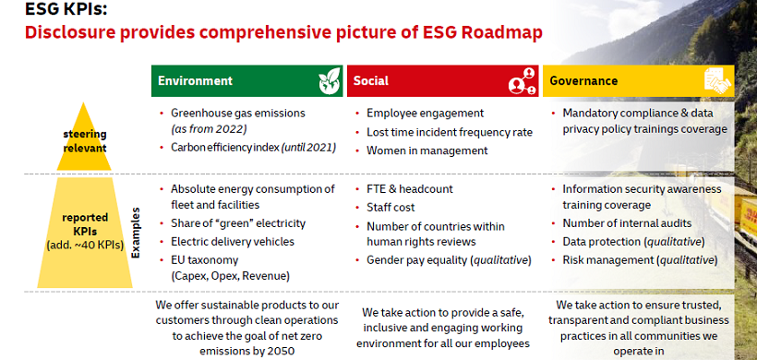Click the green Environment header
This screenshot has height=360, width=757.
click(246, 81)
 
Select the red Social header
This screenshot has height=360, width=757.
click(442, 81)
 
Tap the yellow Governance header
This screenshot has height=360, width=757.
click(637, 81)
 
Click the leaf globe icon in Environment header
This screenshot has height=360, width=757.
click(328, 82)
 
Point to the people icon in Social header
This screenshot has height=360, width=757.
click(522, 81)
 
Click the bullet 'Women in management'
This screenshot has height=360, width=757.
click(427, 150)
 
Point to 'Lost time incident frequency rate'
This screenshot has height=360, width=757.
click(449, 132)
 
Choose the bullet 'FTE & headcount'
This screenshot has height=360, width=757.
click(410, 188)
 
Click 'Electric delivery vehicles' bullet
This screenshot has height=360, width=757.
click(233, 241)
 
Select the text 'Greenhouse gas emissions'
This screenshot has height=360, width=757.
click(244, 114)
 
